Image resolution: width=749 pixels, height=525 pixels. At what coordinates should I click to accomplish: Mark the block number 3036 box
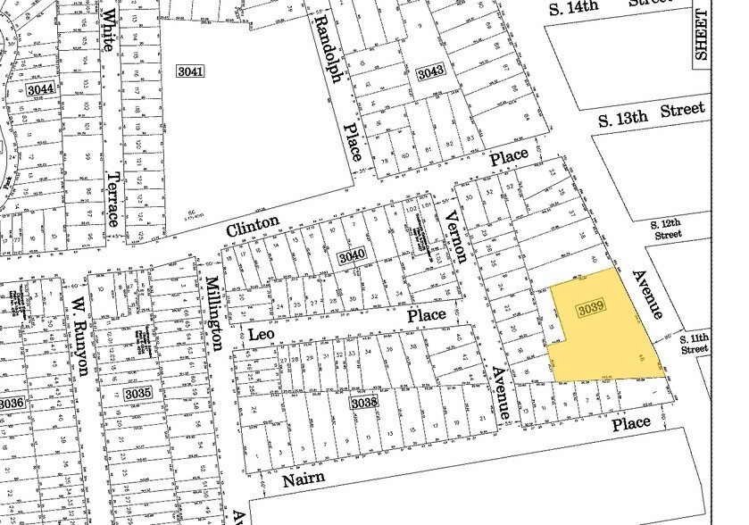(x=11, y=404)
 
